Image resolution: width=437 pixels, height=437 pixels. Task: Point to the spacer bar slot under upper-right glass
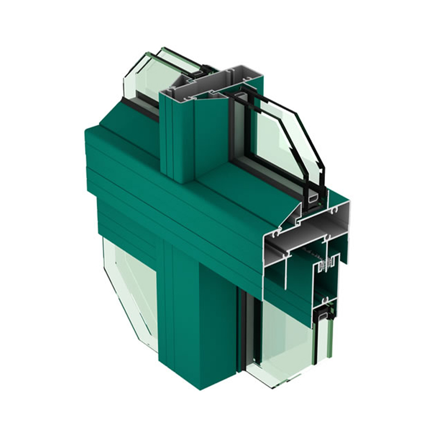314,199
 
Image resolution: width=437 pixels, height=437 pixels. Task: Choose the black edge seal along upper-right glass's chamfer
309,137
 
